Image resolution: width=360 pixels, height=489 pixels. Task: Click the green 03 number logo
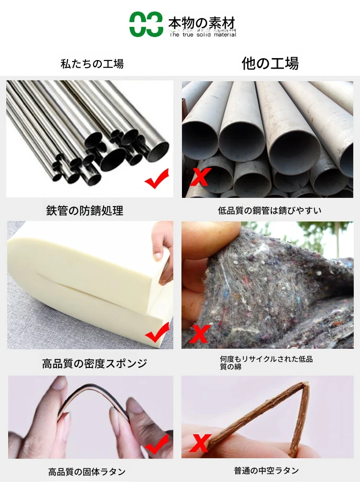coord(146,24)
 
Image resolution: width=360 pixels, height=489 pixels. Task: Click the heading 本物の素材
coord(202,24)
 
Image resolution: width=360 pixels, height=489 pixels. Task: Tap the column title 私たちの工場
coord(92,63)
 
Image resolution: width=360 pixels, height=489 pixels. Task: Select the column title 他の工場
coord(270,63)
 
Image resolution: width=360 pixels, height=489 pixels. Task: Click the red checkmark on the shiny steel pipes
coord(157,179)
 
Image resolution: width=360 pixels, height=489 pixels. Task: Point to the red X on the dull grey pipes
coord(201,177)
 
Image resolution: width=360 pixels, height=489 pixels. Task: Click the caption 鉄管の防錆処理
coord(85,211)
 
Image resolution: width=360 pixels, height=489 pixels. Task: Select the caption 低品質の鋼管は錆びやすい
coord(270,210)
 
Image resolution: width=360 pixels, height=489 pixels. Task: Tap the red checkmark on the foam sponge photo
coord(158,333)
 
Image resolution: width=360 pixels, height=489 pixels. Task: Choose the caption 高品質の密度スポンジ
coord(95,363)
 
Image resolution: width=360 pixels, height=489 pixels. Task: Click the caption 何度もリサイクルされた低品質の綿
coord(266,363)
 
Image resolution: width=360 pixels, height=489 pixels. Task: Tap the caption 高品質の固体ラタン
coord(87,472)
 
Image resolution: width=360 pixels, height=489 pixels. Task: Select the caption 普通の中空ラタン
coord(266,471)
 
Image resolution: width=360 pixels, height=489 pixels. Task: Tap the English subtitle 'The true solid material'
coord(203,35)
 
